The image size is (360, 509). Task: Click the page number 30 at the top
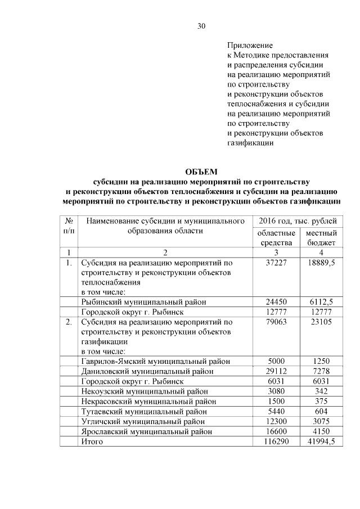201,26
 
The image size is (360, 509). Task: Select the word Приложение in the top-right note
250,44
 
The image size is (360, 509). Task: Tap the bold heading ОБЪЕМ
201,172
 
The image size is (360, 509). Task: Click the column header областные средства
276,237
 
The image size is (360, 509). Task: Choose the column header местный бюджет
321,237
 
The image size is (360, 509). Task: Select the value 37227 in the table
276,263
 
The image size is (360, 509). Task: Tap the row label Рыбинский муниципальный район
143,302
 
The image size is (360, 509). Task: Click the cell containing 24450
276,302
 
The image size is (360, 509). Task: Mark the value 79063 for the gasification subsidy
276,322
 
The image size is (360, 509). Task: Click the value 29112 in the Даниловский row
276,372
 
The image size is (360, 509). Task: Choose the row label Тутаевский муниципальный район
143,412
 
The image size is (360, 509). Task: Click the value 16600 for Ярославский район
276,431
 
